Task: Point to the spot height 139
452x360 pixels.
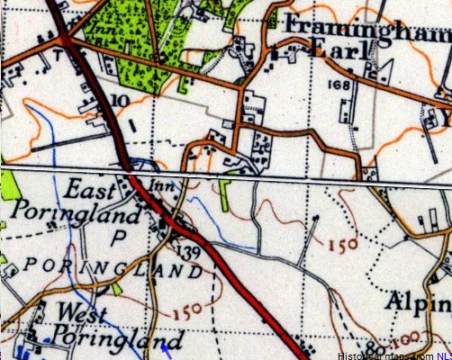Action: tap(189, 250)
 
